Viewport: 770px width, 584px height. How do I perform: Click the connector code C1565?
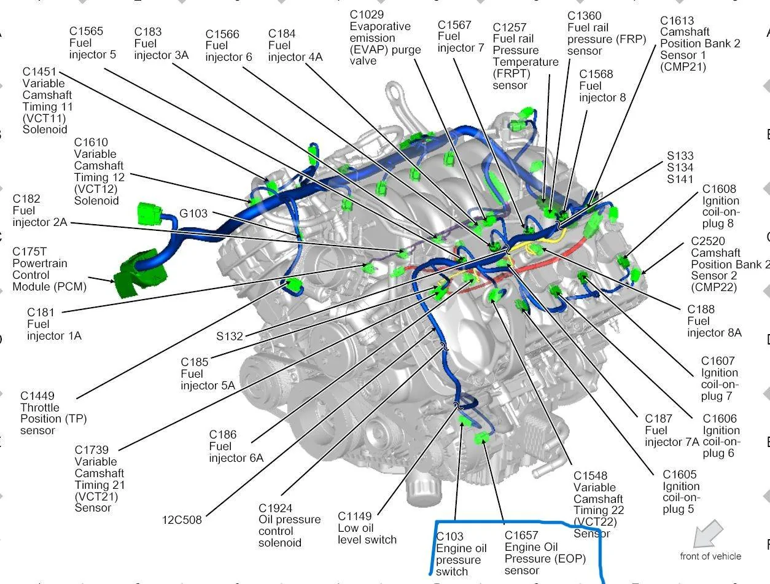pos(86,31)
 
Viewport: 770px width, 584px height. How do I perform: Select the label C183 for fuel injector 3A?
pos(148,31)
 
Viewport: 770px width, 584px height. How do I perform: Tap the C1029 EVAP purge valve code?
pos(367,15)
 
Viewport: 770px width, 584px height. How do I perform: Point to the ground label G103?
pos(193,213)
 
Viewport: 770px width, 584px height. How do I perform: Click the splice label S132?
pos(230,336)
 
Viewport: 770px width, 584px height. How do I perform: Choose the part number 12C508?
pos(182,520)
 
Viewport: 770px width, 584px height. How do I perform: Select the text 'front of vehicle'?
pos(710,556)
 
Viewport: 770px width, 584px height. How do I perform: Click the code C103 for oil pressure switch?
pos(449,536)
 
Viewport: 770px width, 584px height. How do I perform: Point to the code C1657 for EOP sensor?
pos(521,535)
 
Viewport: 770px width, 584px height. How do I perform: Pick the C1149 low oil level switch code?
pos(355,516)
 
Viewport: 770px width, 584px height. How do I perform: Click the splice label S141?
pos(680,179)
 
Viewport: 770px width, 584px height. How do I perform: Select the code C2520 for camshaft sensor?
pos(707,241)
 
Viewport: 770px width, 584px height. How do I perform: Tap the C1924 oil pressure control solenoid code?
pos(275,508)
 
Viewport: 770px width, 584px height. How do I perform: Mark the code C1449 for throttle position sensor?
pos(37,395)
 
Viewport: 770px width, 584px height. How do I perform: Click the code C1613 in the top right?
pos(677,20)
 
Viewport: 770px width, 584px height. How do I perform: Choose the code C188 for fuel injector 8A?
pos(701,309)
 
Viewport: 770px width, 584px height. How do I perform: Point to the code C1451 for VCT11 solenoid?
pos(39,72)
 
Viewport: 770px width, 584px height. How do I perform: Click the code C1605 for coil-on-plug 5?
pos(680,474)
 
